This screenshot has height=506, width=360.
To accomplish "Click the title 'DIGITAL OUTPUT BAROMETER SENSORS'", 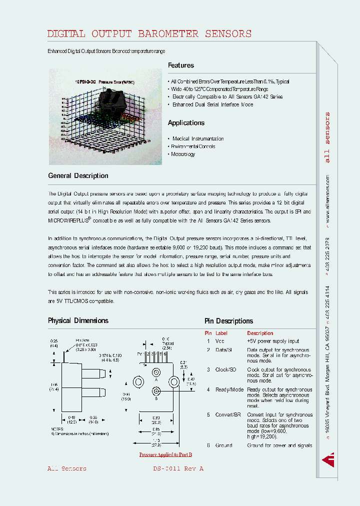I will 149,34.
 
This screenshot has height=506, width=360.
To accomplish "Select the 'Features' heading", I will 180,65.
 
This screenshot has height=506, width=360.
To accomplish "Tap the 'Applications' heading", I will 186,123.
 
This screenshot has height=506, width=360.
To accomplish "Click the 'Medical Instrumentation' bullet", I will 198,139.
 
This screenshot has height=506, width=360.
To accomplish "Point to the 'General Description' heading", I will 78,176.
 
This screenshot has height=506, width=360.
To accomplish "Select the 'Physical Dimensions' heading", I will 78,321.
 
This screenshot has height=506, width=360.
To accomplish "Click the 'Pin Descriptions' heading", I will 228,321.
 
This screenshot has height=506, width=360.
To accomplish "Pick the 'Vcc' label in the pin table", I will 220,341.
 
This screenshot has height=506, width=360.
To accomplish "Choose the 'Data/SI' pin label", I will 223,350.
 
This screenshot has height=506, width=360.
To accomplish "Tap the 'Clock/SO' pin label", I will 225,369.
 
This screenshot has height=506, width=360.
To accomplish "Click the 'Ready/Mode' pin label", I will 228,389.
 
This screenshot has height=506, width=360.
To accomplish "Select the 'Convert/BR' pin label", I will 228,414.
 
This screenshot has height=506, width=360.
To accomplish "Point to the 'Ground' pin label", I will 223,445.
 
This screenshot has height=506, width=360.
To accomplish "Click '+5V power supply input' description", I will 273,341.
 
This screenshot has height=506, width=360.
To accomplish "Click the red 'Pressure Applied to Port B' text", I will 165,454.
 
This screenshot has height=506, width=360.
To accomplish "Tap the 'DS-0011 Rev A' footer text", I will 178,469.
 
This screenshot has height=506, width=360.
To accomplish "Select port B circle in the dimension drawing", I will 156,392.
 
